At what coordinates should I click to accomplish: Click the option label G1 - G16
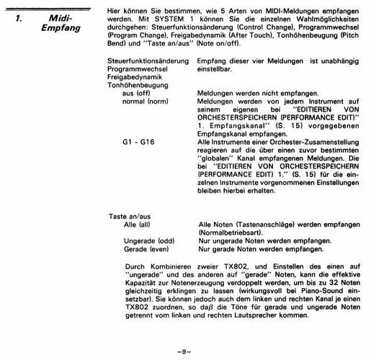click(x=138, y=142)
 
